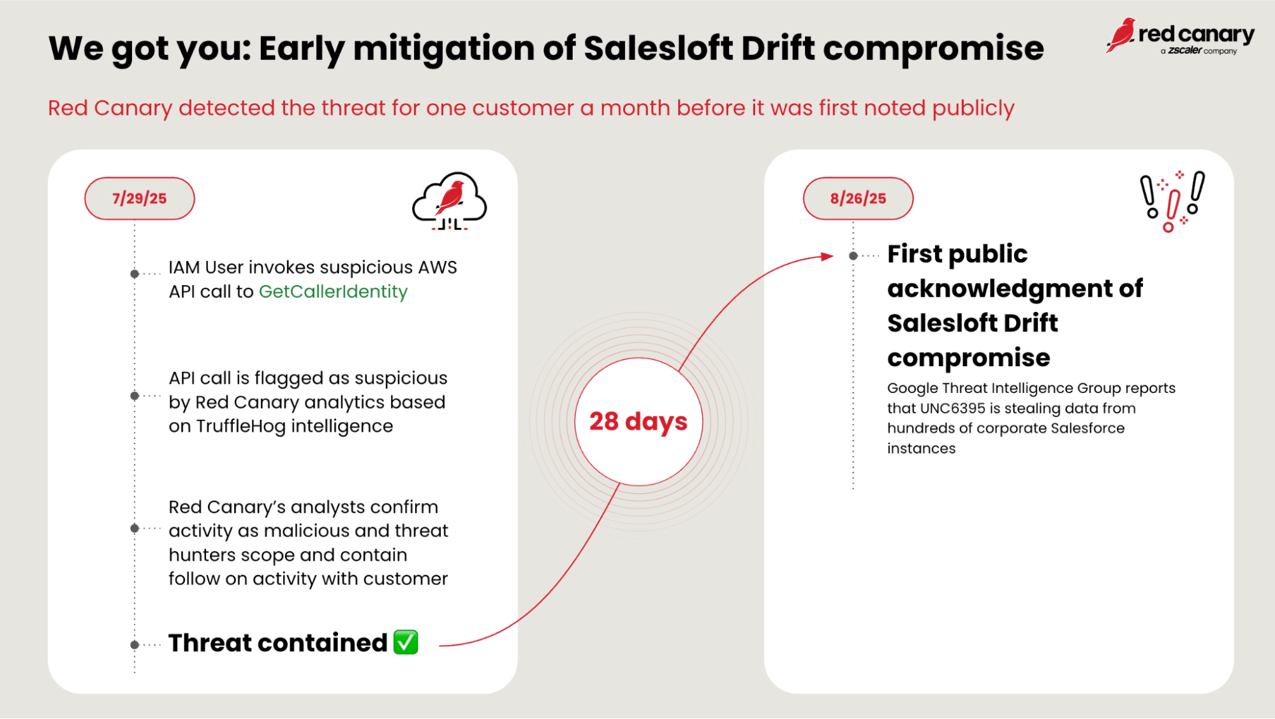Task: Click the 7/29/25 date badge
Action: pos(140,198)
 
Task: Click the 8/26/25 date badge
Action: pos(858,198)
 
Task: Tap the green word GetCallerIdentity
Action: pos(333,292)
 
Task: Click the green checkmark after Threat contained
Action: pos(406,642)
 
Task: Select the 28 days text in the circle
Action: pos(638,422)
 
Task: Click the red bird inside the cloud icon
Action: pos(451,197)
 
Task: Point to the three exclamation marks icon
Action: pos(1172,201)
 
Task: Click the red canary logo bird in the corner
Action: pos(1121,35)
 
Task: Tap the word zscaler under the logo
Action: pos(1184,50)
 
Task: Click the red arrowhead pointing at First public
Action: pos(827,256)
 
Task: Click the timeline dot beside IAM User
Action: pos(135,274)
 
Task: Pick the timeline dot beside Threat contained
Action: pos(135,645)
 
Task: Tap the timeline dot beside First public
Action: pos(853,256)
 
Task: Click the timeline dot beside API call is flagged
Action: pos(135,396)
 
